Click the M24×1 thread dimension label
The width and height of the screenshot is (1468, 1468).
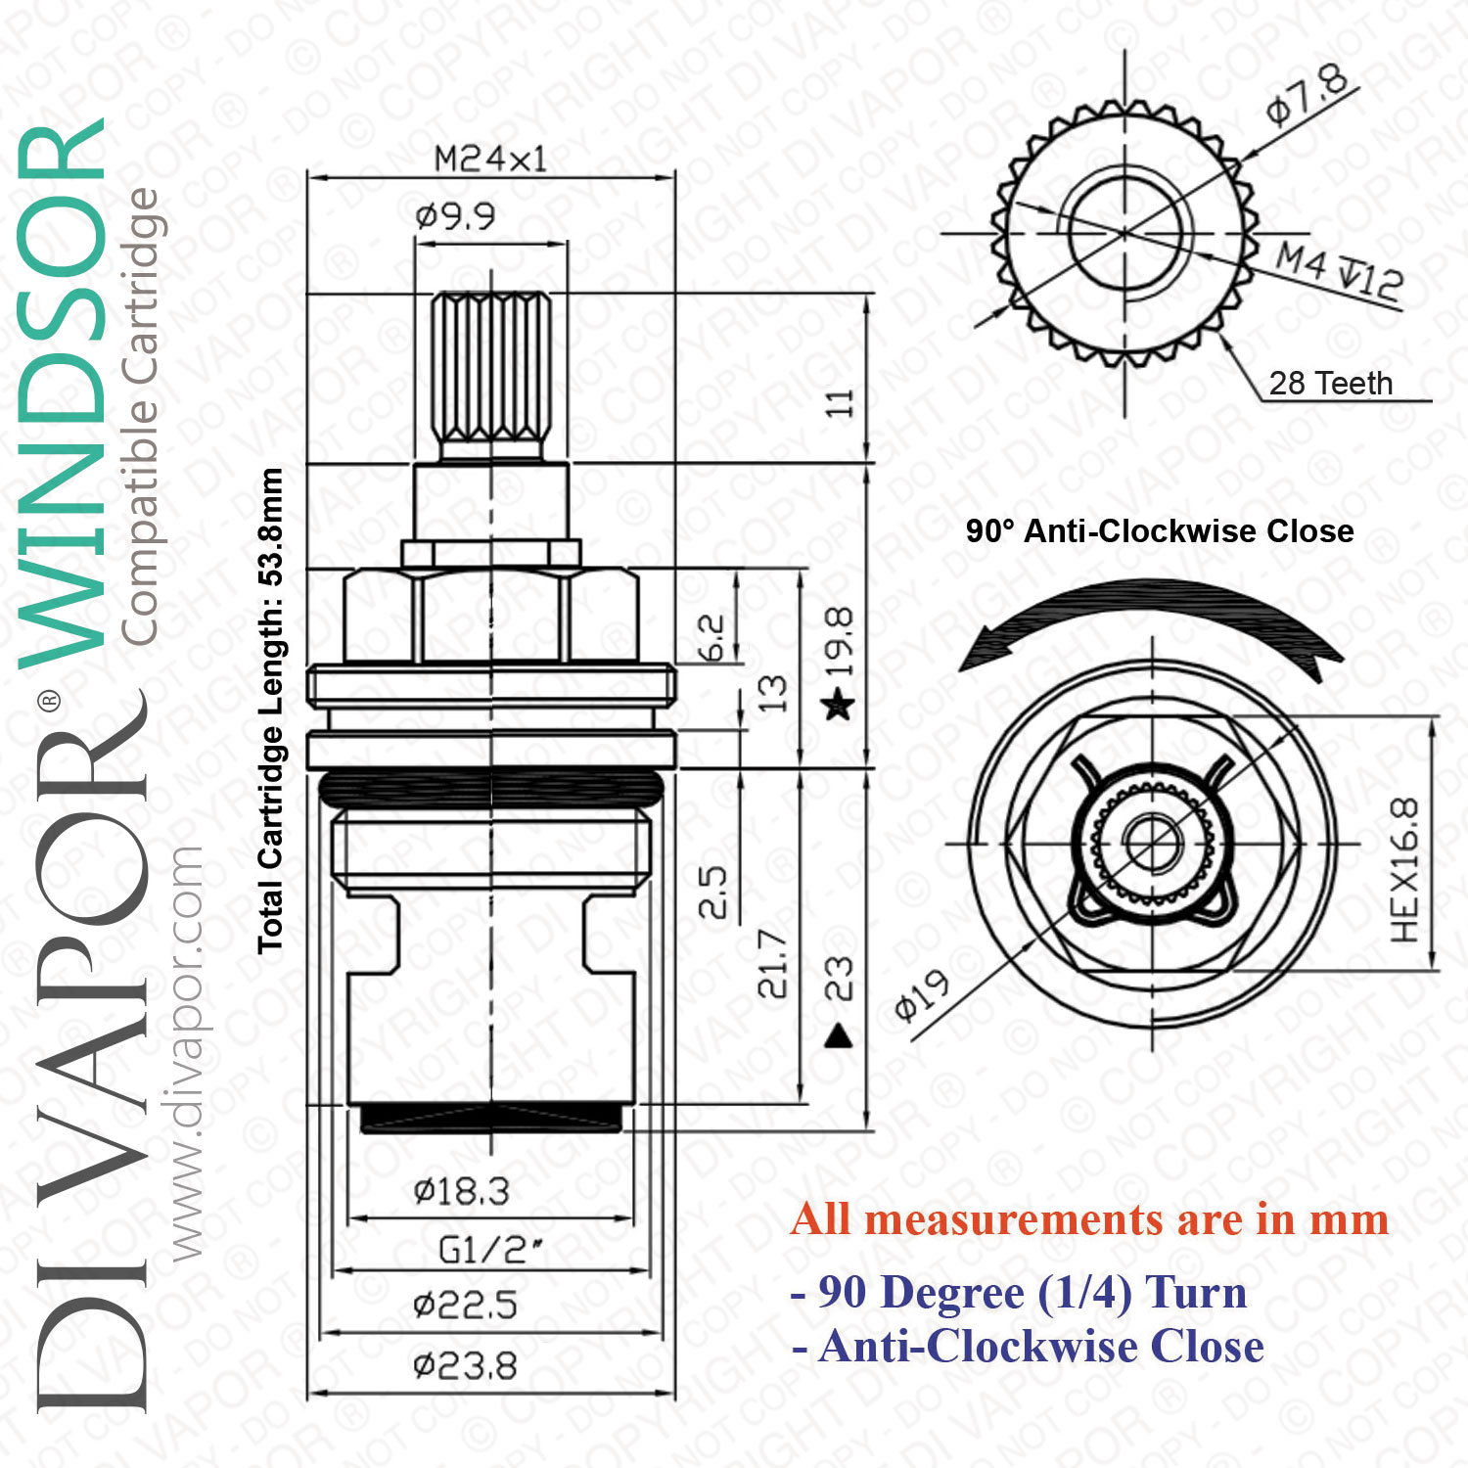[490, 159]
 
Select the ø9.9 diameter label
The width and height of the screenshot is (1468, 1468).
[455, 215]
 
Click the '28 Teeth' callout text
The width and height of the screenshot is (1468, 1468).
[1331, 383]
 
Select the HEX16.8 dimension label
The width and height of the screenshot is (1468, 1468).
[1404, 870]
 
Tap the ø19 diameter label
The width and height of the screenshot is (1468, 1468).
[922, 995]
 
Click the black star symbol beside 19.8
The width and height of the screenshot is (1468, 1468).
[839, 703]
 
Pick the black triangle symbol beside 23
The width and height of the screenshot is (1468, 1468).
[839, 1035]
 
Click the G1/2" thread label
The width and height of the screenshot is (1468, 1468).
[490, 1250]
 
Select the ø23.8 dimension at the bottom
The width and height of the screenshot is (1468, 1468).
[465, 1365]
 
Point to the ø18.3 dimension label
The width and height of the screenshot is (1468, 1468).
[462, 1191]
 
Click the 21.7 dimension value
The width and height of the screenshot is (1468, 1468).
[772, 964]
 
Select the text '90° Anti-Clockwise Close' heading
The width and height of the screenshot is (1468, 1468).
[1160, 531]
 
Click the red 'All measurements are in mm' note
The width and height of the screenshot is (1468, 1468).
[1090, 1220]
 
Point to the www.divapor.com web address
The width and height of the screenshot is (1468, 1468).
[186, 1053]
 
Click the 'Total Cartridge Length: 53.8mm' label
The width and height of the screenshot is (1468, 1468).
[270, 711]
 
